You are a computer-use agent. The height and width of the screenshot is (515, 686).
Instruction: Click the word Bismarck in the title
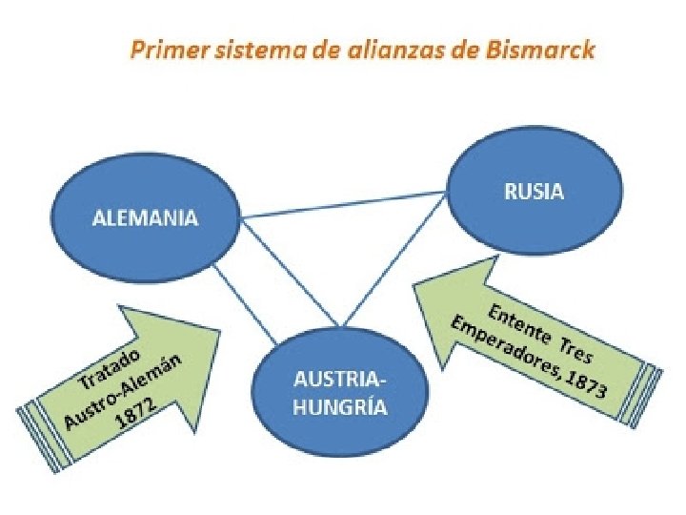(548, 51)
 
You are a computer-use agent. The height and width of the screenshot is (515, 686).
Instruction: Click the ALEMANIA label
(145, 218)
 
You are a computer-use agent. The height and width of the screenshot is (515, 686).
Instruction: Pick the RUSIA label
(533, 192)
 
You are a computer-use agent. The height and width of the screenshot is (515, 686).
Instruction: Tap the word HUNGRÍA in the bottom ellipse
(340, 407)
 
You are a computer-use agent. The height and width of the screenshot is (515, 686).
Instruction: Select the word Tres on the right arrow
(579, 352)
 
